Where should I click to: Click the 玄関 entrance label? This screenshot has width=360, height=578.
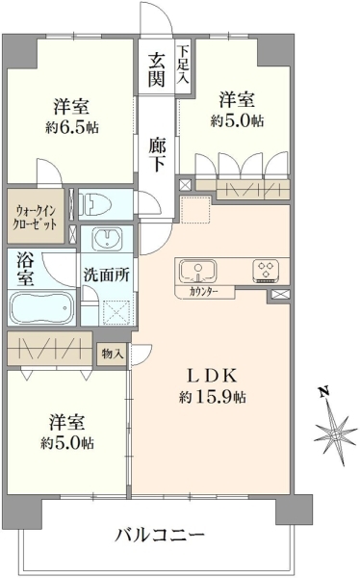[157, 70]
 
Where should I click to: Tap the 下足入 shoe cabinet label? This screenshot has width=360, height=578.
[183, 64]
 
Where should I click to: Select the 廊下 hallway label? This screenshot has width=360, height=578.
[157, 155]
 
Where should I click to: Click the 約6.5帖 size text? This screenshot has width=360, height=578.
[72, 128]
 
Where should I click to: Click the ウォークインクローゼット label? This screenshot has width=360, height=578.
[35, 219]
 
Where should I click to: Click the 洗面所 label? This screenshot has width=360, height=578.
[106, 275]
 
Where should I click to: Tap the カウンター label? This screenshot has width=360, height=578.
[204, 292]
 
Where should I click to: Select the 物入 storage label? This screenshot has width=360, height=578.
[113, 355]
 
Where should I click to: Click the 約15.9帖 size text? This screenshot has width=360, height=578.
[213, 397]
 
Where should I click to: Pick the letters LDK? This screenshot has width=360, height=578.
[211, 376]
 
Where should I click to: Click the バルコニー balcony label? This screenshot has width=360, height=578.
[159, 534]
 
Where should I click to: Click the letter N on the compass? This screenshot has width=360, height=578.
[323, 392]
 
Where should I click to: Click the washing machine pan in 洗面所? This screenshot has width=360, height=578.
[116, 312]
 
